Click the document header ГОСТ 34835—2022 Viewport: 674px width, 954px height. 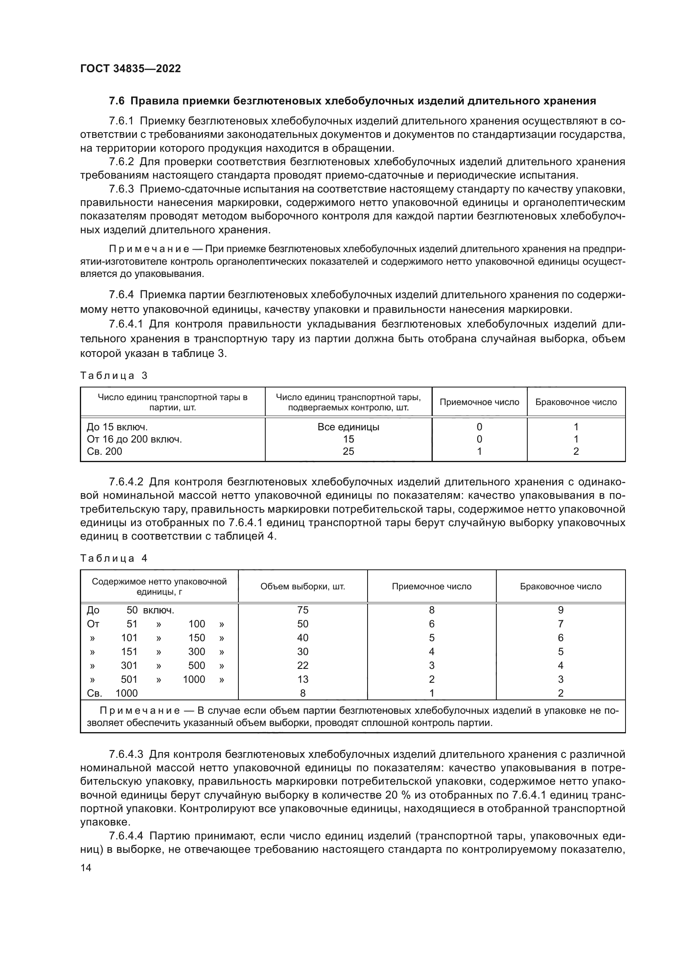pos(130,69)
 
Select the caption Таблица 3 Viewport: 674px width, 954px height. pos(114,376)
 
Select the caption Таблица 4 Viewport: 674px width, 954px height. pos(114,558)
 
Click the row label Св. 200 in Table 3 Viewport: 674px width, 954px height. pos(105,451)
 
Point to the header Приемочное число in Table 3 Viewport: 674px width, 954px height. pos(479,402)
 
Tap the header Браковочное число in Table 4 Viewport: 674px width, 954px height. pos(560,586)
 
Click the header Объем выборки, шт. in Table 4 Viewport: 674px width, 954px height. pos(302,586)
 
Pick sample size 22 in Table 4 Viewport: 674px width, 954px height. pos(302,665)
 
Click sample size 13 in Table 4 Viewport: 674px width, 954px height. pos(302,679)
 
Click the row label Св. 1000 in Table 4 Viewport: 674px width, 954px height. pos(112,693)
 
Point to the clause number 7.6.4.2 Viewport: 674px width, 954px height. pos(126,482)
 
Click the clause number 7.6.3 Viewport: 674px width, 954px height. pos(121,189)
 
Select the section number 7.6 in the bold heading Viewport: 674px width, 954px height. pos(117,101)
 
